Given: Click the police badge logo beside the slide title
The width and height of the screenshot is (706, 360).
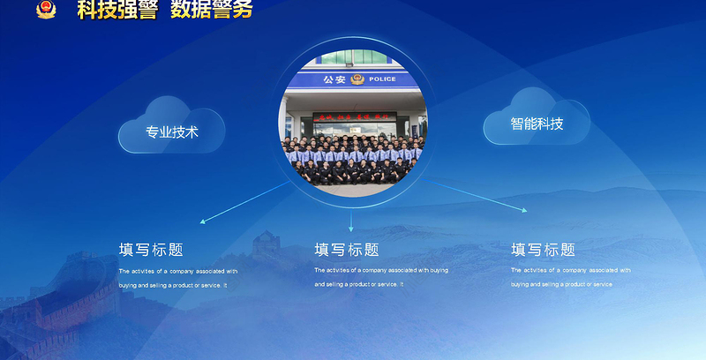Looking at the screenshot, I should point(45,9).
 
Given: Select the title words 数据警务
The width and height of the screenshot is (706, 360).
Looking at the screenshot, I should point(211,9).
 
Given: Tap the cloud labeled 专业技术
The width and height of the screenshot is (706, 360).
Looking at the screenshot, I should point(172,132).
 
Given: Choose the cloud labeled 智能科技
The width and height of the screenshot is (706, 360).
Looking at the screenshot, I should point(537,124).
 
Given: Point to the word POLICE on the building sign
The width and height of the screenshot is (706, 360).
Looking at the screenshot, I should point(383,79).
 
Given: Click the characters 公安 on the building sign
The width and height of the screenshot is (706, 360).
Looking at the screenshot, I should point(334,79).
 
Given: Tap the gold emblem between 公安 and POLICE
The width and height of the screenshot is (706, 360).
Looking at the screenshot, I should point(357,79).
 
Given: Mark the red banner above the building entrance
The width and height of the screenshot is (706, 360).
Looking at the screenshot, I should point(354,115).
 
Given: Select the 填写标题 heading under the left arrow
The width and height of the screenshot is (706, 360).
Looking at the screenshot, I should point(151,250).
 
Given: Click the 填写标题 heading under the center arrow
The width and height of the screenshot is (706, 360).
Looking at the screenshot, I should point(347,250).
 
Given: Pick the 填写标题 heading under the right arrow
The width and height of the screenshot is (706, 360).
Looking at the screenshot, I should point(544,250).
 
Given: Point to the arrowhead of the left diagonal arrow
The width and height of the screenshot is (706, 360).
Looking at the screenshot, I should point(204,221).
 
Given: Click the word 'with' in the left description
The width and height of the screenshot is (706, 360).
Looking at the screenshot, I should point(231,271).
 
